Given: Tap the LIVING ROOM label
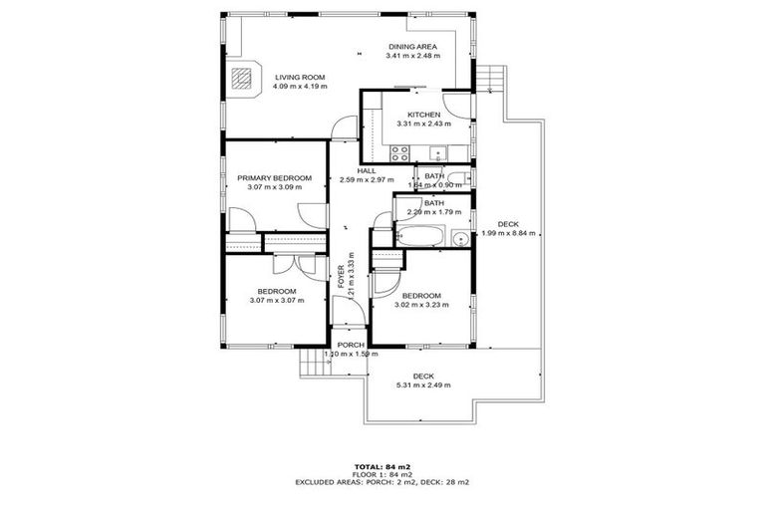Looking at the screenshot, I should [300, 76].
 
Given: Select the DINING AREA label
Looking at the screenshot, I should [411, 46].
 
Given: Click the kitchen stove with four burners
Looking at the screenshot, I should [400, 152].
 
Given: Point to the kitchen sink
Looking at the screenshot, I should [437, 151].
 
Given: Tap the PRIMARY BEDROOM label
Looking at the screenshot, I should [274, 178].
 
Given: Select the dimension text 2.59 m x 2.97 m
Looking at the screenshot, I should [368, 180].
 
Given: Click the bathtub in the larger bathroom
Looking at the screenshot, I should [422, 237].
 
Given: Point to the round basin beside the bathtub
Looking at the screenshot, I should [459, 238].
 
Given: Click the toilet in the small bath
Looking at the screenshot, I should [467, 178].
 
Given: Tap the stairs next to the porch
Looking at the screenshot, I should [313, 364].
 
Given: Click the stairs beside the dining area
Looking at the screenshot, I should [488, 76].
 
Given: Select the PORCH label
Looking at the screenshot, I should [349, 345].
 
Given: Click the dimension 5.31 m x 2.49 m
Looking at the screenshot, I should [423, 384].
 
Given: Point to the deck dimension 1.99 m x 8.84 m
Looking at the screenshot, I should [508, 234].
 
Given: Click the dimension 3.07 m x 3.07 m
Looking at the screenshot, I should [276, 300].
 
